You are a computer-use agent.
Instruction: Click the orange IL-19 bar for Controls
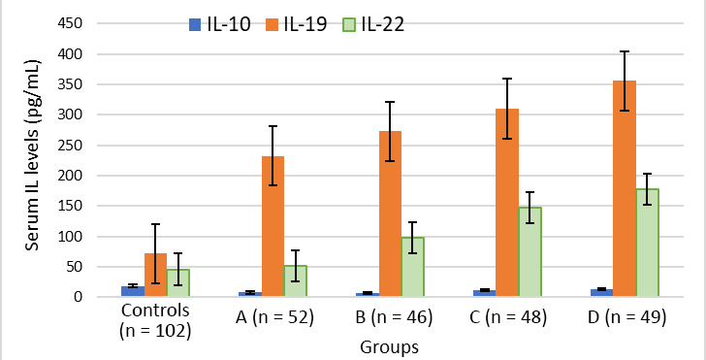tap(155, 275)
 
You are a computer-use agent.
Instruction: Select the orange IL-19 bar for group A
tap(273, 226)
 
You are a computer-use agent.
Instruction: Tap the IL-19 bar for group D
tap(625, 188)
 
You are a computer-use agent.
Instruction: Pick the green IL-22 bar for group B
tap(412, 267)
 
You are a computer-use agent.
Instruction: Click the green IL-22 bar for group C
tap(529, 252)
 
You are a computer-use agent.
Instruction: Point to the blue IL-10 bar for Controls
tap(133, 291)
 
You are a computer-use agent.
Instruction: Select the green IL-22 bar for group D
tap(648, 243)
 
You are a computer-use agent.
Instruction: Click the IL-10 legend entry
tap(220, 25)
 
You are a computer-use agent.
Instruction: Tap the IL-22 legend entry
tap(375, 25)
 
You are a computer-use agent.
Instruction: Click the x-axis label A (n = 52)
tap(274, 317)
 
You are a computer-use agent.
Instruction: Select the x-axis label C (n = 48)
tap(507, 317)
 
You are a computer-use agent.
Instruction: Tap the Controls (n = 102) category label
tap(156, 320)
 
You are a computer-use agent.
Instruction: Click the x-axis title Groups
tap(389, 347)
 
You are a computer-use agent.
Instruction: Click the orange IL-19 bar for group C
tap(507, 203)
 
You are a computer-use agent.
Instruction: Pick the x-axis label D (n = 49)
tap(626, 317)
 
